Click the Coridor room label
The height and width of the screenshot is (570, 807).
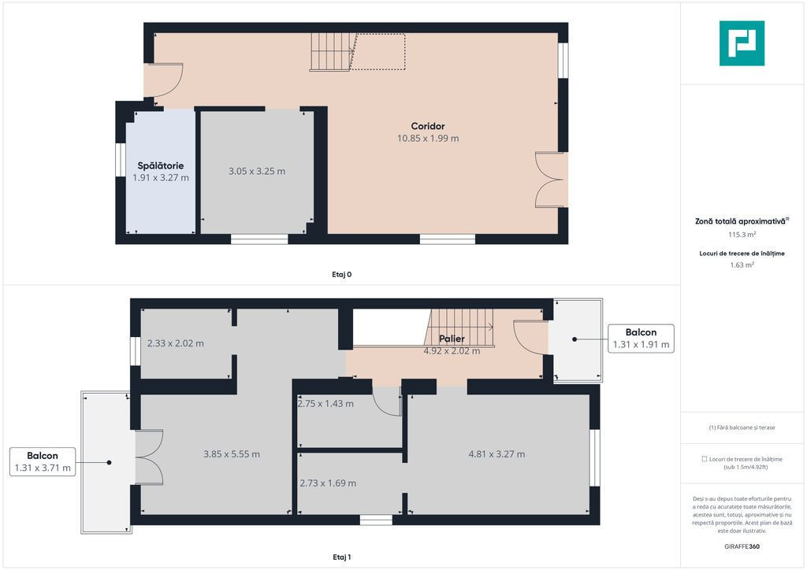tap(428, 126)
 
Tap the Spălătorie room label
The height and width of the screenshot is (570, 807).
tap(161, 165)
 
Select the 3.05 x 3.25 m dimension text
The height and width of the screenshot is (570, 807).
tap(257, 171)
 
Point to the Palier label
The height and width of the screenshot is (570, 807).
tap(452, 339)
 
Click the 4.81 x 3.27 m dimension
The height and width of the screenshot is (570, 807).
tap(496, 453)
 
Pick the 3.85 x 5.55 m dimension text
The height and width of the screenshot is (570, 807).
tap(232, 453)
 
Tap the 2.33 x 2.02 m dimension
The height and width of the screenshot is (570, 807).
tap(176, 343)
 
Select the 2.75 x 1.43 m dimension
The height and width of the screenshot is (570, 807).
tap(325, 403)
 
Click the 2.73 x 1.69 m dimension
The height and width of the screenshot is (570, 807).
tap(328, 483)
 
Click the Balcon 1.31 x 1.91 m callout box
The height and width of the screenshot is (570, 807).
tap(641, 339)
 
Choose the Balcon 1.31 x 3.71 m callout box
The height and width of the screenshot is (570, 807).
tap(43, 461)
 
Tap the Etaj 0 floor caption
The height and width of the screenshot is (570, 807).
tap(342, 275)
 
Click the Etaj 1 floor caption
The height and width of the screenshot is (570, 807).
tap(342, 557)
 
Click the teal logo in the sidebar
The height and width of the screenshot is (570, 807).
tap(742, 43)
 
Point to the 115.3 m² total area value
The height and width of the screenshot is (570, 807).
tap(742, 235)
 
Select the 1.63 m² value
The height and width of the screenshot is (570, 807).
tap(742, 265)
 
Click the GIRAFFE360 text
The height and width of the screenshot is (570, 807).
tap(742, 546)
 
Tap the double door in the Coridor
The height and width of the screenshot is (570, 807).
tap(550, 180)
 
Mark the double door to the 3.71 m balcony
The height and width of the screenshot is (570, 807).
tap(149, 457)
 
